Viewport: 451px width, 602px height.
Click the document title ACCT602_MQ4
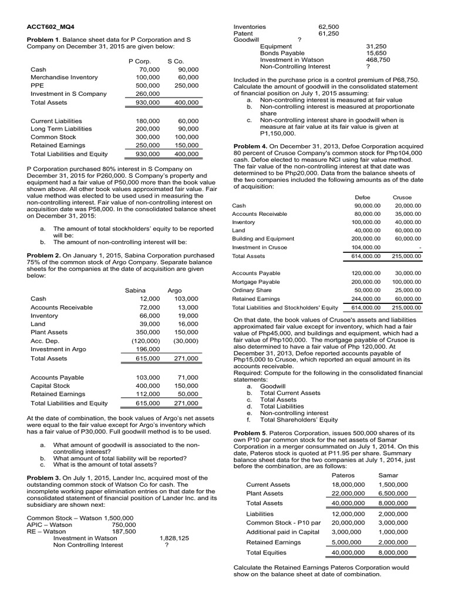coord(51,27)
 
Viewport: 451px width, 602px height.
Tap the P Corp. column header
coord(140,61)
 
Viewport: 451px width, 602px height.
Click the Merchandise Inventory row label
coord(64,77)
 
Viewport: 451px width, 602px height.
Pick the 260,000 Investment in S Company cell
coord(147,93)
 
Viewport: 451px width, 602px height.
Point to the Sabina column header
coord(136,290)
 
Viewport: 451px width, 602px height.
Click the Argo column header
coord(175,290)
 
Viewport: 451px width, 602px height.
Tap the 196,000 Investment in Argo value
coord(148,349)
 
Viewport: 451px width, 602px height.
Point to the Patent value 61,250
coord(328,34)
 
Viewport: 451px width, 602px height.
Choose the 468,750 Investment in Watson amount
coord(377,59)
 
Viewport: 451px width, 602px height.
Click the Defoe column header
coord(363,198)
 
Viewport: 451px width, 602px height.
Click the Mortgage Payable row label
coord(256,282)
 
